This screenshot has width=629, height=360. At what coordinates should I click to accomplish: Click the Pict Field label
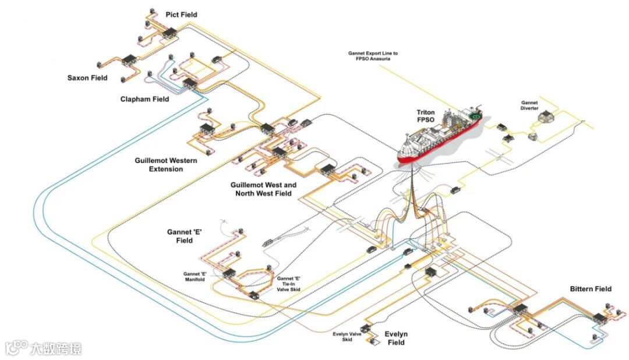[181, 15]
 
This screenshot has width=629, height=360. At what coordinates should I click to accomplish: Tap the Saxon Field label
[87, 78]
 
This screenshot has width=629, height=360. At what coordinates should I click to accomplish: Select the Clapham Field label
[144, 99]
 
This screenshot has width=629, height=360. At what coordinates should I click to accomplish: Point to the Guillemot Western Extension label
[166, 165]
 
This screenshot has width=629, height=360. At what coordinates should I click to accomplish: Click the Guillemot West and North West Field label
[263, 189]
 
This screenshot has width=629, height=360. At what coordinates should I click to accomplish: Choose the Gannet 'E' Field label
[184, 236]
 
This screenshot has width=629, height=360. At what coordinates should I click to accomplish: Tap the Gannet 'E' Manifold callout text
[195, 277]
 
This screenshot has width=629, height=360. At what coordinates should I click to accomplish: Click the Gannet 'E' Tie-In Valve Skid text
[288, 284]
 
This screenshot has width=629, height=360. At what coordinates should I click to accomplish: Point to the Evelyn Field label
[396, 338]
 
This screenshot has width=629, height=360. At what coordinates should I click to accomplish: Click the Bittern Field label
[591, 289]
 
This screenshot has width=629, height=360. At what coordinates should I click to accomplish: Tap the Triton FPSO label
[425, 116]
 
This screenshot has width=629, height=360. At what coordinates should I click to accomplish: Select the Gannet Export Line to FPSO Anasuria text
[373, 56]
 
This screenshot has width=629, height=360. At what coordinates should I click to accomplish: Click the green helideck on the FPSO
[475, 117]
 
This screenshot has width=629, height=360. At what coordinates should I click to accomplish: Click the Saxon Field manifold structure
[129, 59]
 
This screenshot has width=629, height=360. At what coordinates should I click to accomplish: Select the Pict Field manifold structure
[171, 34]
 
